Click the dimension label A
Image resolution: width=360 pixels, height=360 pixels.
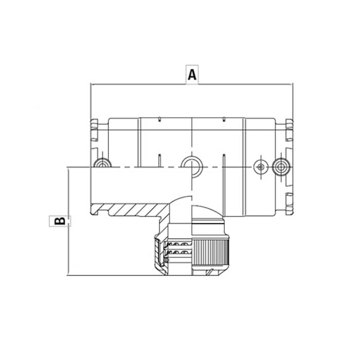tap(192, 75)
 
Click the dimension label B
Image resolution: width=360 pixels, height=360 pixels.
tap(60, 221)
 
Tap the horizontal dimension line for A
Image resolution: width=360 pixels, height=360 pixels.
tap(192, 84)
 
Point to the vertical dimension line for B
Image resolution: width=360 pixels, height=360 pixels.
tap(68, 221)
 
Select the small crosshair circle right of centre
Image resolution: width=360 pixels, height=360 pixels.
tap(261, 167)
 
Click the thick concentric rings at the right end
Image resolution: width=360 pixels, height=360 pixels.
tap(281, 167)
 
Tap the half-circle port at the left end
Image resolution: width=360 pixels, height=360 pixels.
tap(102, 163)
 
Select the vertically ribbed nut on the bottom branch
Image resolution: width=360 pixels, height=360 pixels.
tap(210, 252)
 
